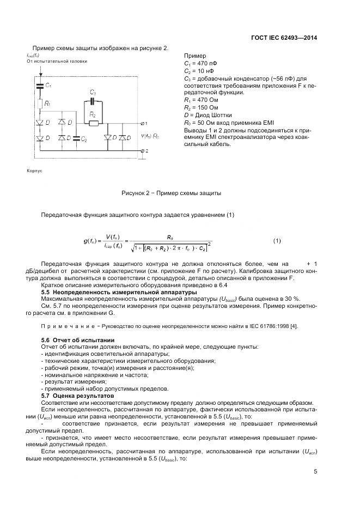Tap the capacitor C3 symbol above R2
[93, 101]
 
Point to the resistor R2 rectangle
[93, 123]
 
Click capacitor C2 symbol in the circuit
[77, 139]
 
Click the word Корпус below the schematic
[34, 170]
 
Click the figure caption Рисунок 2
[171, 193]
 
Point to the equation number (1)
[277, 240]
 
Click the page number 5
[315, 472]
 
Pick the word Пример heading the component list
[196, 56]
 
